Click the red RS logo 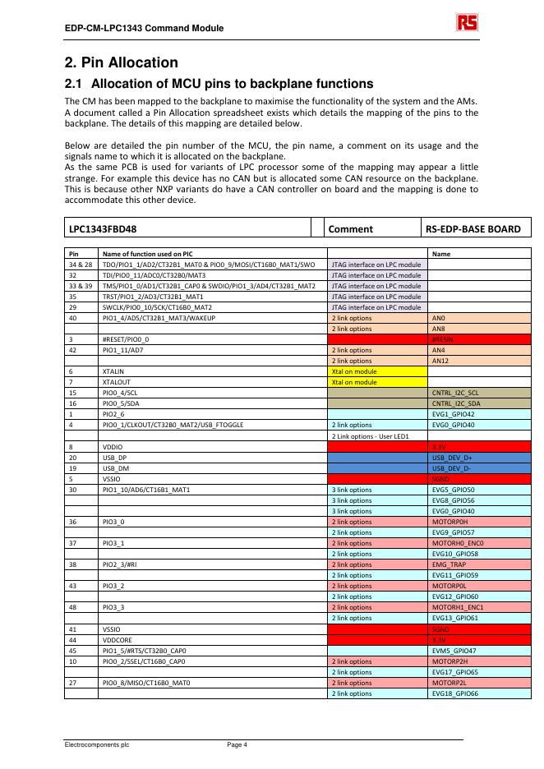pyautogui.click(x=467, y=22)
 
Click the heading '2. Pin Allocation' pyautogui.click(x=122, y=62)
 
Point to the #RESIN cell pyautogui.click(x=479, y=338)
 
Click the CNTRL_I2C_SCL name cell pyautogui.click(x=479, y=392)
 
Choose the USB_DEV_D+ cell pyautogui.click(x=479, y=456)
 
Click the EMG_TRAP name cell pyautogui.click(x=479, y=563)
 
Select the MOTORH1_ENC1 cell pyautogui.click(x=479, y=606)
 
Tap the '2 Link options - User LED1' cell pyautogui.click(x=377, y=435)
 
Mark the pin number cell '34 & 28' pyautogui.click(x=81, y=264)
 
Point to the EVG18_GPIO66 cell pyautogui.click(x=479, y=693)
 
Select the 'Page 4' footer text pyautogui.click(x=237, y=744)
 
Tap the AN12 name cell pyautogui.click(x=479, y=360)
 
